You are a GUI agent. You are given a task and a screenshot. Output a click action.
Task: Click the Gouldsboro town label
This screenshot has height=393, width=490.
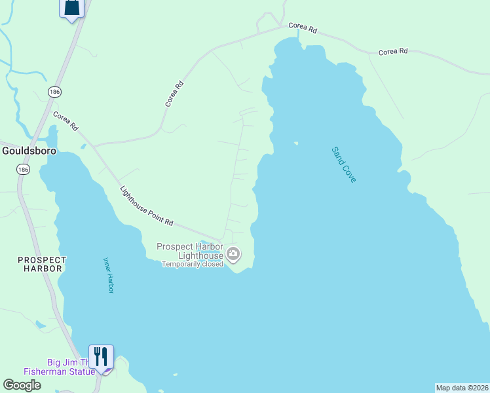pyautogui.click(x=29, y=150)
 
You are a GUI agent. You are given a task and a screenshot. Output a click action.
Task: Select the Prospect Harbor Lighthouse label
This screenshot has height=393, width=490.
pyautogui.click(x=190, y=251)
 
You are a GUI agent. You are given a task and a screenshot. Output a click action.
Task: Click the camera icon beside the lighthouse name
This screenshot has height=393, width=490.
pyautogui.click(x=233, y=253)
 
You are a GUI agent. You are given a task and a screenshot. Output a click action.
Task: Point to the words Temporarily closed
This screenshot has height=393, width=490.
pyautogui.click(x=193, y=264)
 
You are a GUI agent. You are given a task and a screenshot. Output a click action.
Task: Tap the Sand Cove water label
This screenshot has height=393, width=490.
pyautogui.click(x=344, y=164)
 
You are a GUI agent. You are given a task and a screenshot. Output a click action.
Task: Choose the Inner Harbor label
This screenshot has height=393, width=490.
pyautogui.click(x=108, y=274)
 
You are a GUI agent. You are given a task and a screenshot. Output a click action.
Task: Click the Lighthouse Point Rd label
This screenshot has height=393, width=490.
pyautogui.click(x=147, y=206)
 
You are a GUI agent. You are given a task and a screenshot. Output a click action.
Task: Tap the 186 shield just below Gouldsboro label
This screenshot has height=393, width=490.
pyautogui.click(x=24, y=169)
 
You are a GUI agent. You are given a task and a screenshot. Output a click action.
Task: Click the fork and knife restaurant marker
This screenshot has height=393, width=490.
pyautogui.click(x=101, y=356)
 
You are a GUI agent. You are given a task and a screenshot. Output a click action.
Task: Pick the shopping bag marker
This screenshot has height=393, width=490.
pyautogui.click(x=72, y=8)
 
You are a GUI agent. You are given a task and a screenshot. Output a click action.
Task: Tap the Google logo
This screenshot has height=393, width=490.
pyautogui.click(x=22, y=385)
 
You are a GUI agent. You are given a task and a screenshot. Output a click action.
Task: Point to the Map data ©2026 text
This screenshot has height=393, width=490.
pyautogui.click(x=462, y=388)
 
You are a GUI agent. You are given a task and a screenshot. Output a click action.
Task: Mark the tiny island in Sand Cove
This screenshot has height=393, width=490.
pyautogui.click(x=296, y=143)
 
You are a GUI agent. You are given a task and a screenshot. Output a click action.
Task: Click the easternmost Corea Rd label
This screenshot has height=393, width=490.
pyautogui.click(x=393, y=51)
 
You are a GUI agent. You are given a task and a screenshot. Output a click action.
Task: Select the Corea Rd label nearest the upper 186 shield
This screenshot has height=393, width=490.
pyautogui.click(x=66, y=120)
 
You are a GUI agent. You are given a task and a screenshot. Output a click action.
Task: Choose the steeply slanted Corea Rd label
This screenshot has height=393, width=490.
pyautogui.click(x=174, y=94)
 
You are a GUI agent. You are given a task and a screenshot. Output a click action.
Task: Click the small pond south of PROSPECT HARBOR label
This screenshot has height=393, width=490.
pyautogui.click(x=40, y=324)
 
